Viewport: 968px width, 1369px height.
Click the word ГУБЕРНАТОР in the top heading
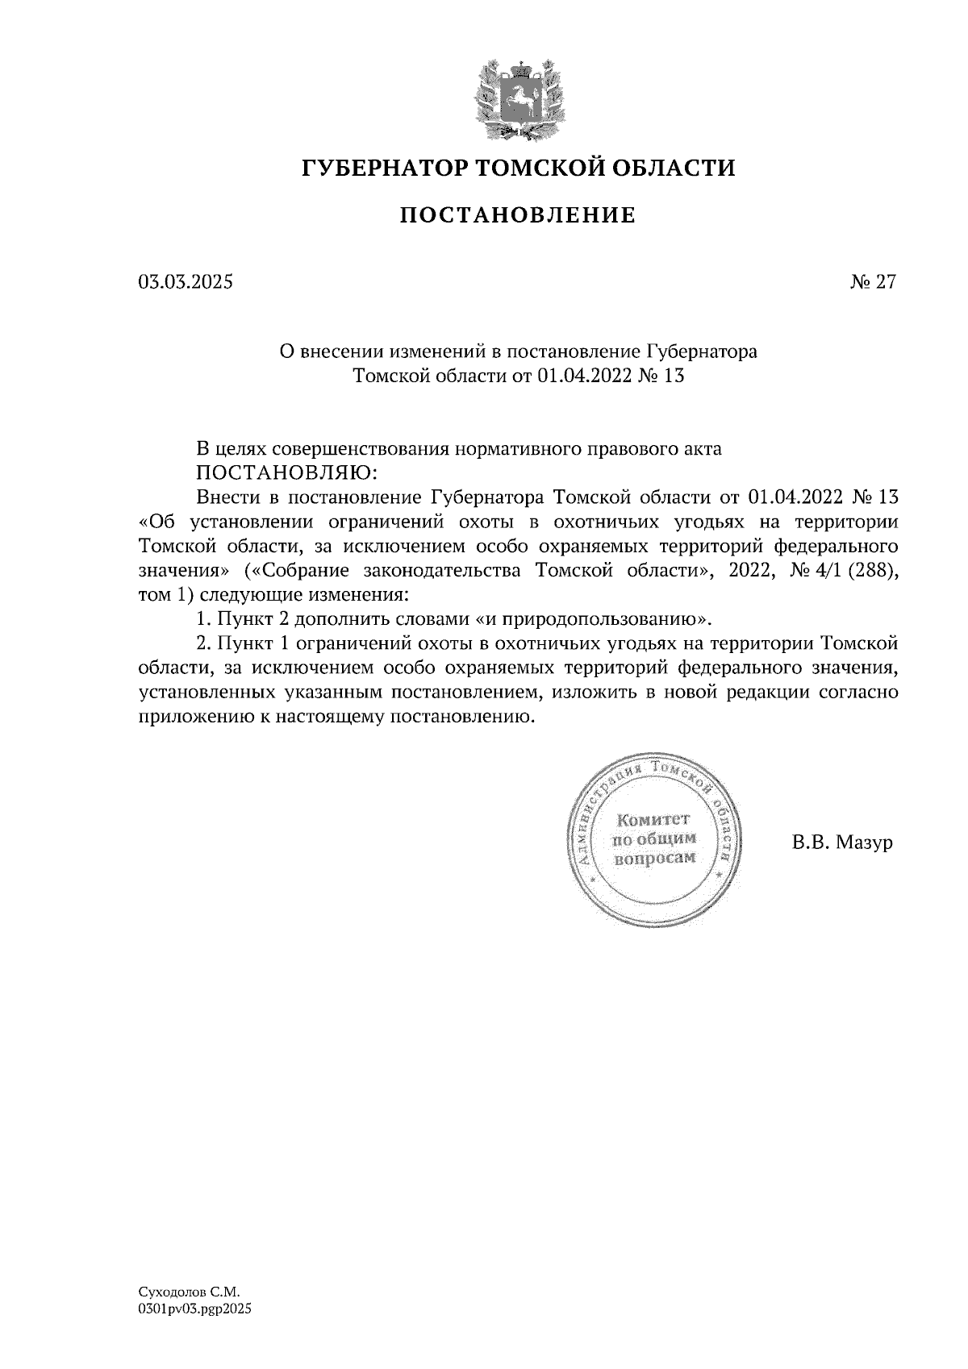pos(381,169)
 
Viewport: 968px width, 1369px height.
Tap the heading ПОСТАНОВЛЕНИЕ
pos(518,215)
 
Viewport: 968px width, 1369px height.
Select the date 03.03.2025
pos(186,282)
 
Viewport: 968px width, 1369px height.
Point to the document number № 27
pos(873,282)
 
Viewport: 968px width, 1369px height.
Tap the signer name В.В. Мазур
pos(842,843)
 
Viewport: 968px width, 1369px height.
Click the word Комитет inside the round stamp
pos(653,821)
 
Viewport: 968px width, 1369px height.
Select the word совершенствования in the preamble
pos(365,449)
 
